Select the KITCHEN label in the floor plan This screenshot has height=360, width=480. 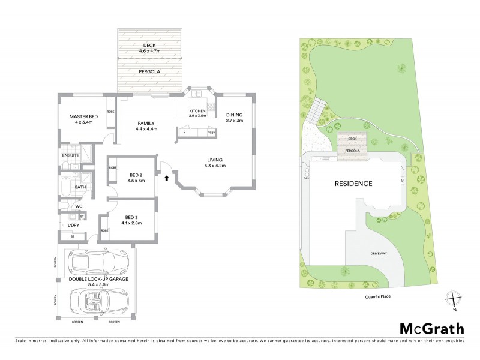(197, 112)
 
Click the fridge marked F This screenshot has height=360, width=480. (184, 132)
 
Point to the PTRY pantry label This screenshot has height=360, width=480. (211, 133)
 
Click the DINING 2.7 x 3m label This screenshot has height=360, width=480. (235, 118)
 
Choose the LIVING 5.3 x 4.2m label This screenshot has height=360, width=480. (215, 162)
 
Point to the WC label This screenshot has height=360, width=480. (79, 206)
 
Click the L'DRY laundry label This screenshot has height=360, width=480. (73, 225)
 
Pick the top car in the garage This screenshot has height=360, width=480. (97, 262)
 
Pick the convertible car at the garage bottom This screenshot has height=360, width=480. (97, 298)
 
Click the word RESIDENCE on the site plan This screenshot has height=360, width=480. (353, 184)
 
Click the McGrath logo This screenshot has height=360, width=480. (431, 328)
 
